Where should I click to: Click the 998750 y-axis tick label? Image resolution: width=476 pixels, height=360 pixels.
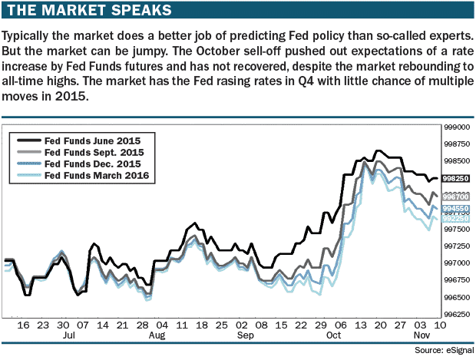(459, 144)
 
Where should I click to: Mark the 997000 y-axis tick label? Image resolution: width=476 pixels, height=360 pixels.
(459, 263)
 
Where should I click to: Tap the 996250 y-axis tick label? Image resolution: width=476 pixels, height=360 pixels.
(459, 314)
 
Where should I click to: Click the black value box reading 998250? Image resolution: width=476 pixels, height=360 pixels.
(457, 178)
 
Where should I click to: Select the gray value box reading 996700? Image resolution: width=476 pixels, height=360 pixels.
(457, 197)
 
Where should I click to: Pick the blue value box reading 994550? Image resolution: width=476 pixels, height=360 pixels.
(457, 209)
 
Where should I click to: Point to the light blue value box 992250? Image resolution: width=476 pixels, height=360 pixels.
(457, 219)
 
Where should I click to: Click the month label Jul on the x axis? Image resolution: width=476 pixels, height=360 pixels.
(68, 336)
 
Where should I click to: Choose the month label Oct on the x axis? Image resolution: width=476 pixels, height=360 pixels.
(334, 336)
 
